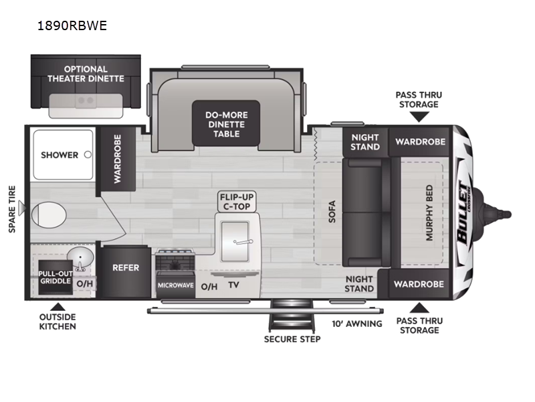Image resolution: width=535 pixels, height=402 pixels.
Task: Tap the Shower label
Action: (x=60, y=155)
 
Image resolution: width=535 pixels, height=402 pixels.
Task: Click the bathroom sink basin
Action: (x=82, y=259)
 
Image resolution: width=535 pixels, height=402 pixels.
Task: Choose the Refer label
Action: (x=126, y=267)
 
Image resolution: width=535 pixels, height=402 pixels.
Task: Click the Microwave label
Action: (x=175, y=285)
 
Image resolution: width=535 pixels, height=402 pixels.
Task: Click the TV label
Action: (x=233, y=285)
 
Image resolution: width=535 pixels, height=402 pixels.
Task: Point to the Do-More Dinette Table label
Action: (x=226, y=124)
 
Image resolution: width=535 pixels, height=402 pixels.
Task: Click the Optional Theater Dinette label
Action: (x=86, y=74)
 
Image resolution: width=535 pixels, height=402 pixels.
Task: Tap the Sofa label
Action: (x=332, y=212)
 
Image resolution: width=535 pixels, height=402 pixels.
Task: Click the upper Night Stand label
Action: (x=365, y=141)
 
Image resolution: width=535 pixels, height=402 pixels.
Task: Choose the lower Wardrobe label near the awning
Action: (x=419, y=284)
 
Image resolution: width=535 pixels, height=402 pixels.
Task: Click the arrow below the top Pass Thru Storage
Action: (x=419, y=117)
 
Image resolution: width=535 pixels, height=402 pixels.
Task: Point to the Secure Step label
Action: (x=292, y=339)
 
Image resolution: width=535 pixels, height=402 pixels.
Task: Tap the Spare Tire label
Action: (x=12, y=210)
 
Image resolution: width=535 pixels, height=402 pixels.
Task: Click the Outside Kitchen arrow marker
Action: (x=57, y=305)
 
